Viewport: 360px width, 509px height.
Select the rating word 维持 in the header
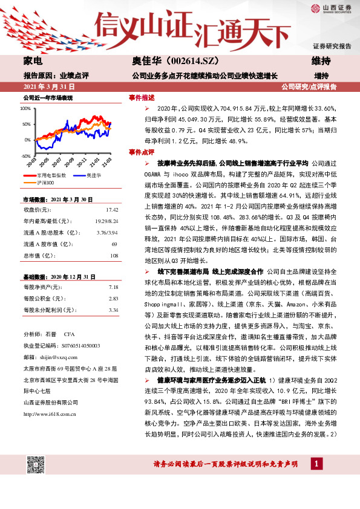click(321, 62)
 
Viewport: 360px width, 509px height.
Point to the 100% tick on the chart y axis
click(26, 109)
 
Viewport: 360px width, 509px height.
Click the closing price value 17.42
click(111, 209)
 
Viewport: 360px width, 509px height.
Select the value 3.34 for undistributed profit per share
click(112, 310)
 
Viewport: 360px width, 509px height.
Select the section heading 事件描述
click(142, 97)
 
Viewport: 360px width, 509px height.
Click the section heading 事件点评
click(142, 151)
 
